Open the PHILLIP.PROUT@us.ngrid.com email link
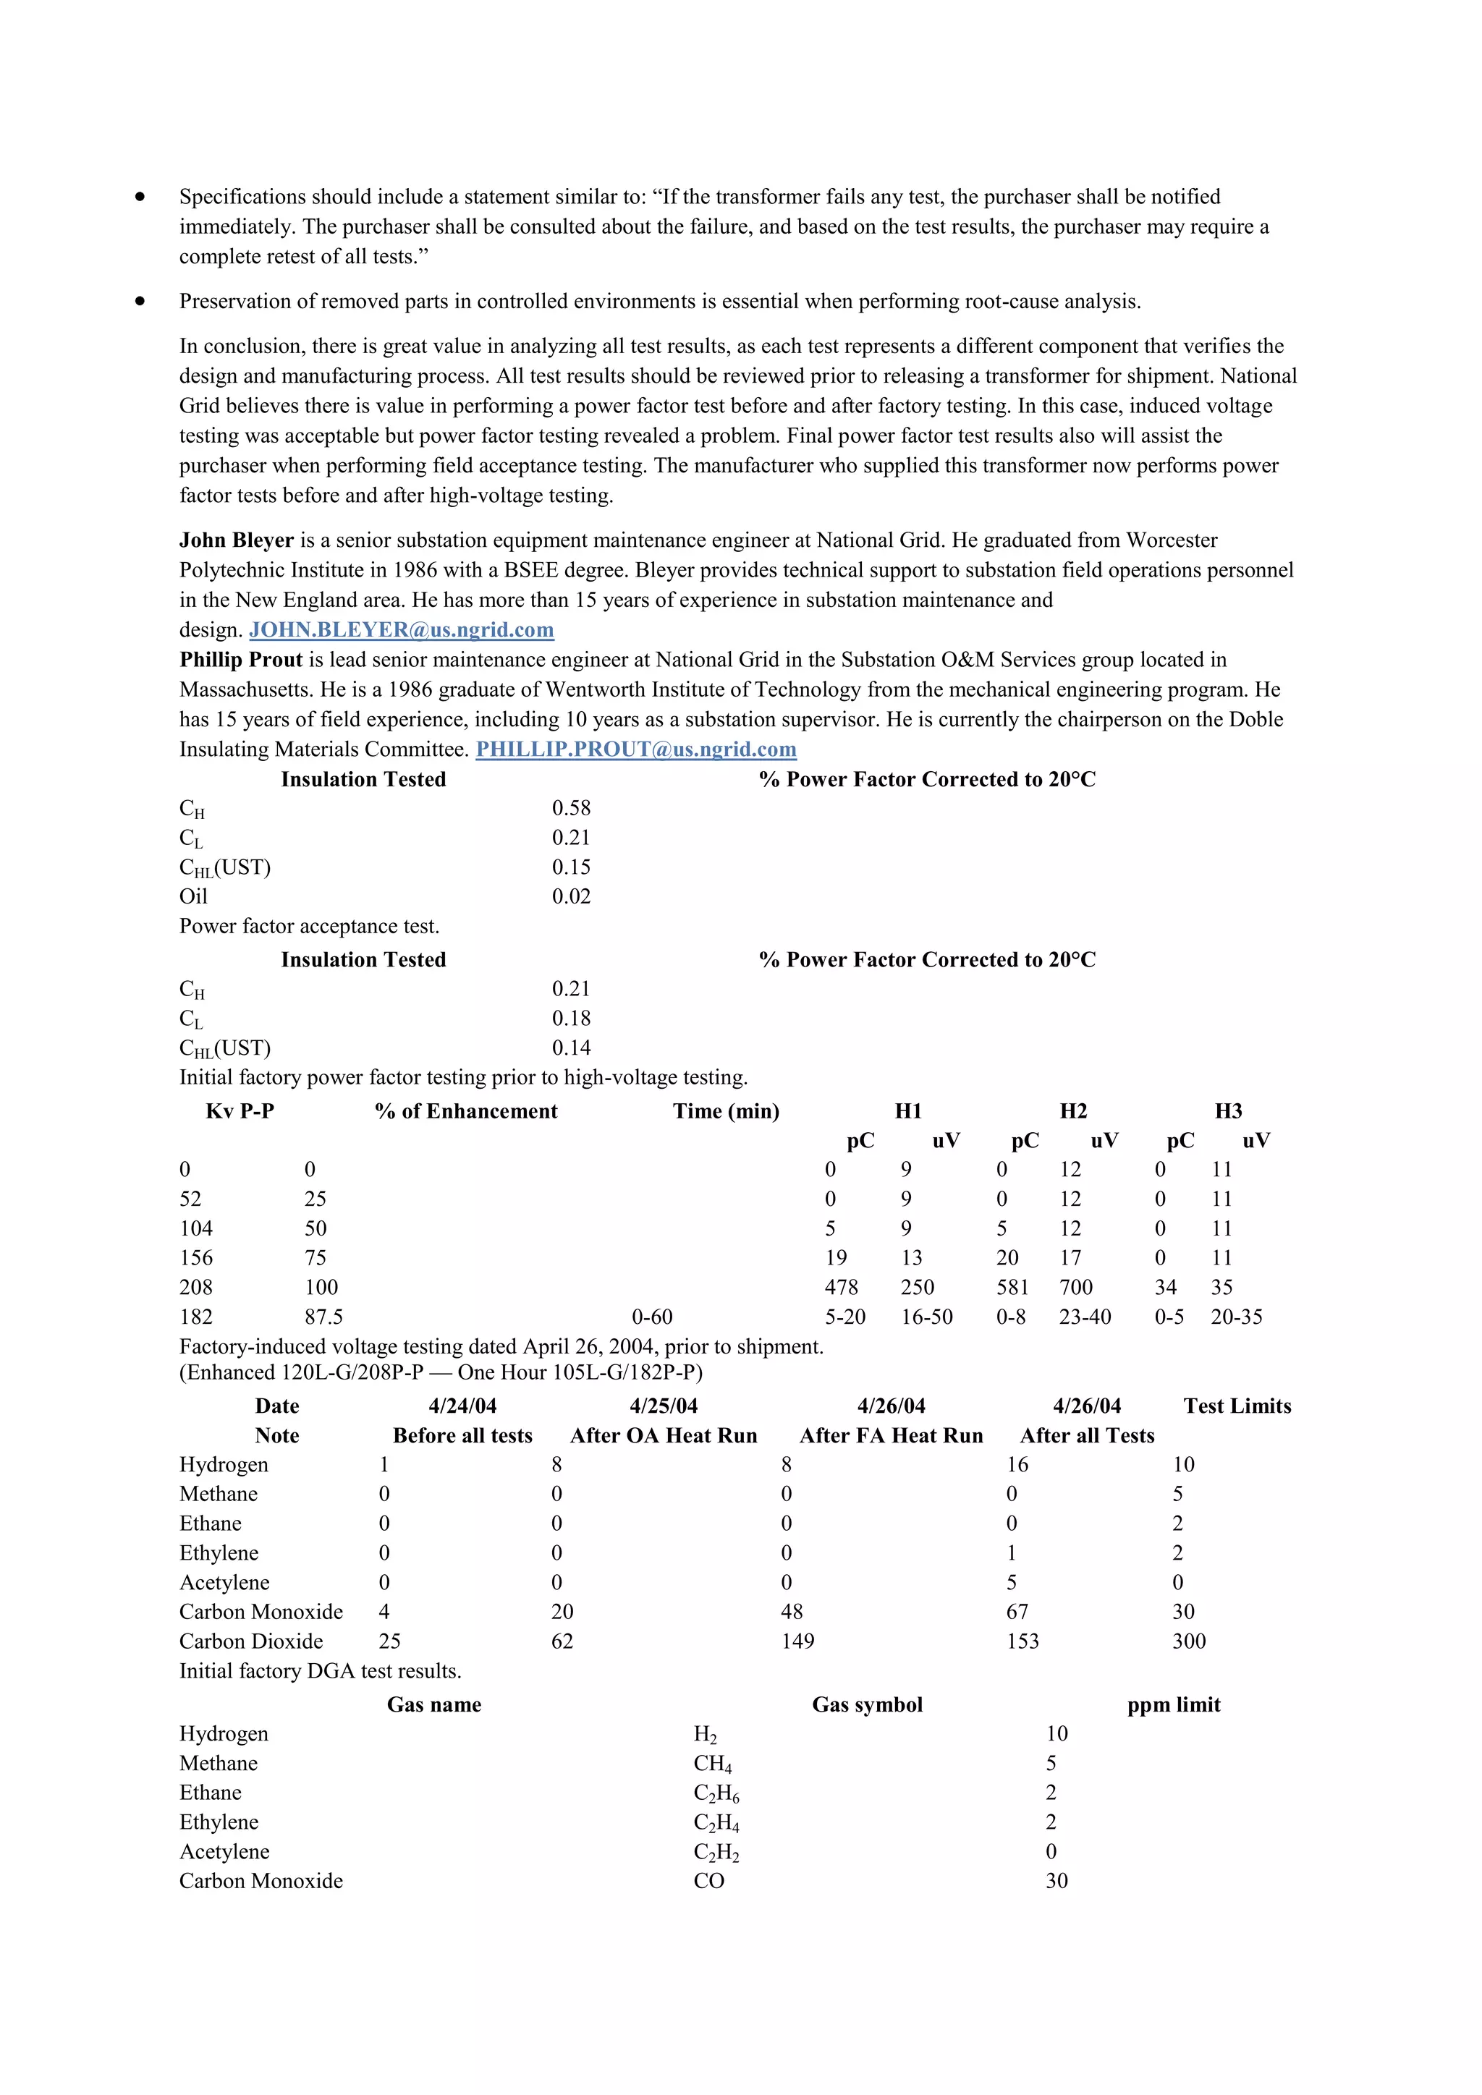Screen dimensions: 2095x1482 636,749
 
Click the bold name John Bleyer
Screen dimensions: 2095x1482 237,540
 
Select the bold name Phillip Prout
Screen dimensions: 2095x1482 241,660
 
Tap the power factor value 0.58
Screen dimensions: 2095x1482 571,809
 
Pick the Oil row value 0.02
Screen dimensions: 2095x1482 571,897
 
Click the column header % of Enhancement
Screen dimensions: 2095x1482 465,1111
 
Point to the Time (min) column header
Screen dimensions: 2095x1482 726,1111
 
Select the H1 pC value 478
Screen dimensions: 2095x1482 842,1288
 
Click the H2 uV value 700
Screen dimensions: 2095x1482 1076,1288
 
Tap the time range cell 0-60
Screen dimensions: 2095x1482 653,1317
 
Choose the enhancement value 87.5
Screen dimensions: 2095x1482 324,1317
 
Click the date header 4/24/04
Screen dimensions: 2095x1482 462,1406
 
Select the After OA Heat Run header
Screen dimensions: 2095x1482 664,1436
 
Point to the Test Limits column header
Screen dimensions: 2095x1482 1237,1406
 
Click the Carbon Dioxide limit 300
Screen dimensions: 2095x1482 1189,1641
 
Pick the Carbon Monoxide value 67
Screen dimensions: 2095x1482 1017,1612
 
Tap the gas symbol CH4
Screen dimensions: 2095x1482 713,1764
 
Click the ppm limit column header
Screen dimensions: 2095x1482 1174,1704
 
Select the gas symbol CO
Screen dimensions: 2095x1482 709,1882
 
